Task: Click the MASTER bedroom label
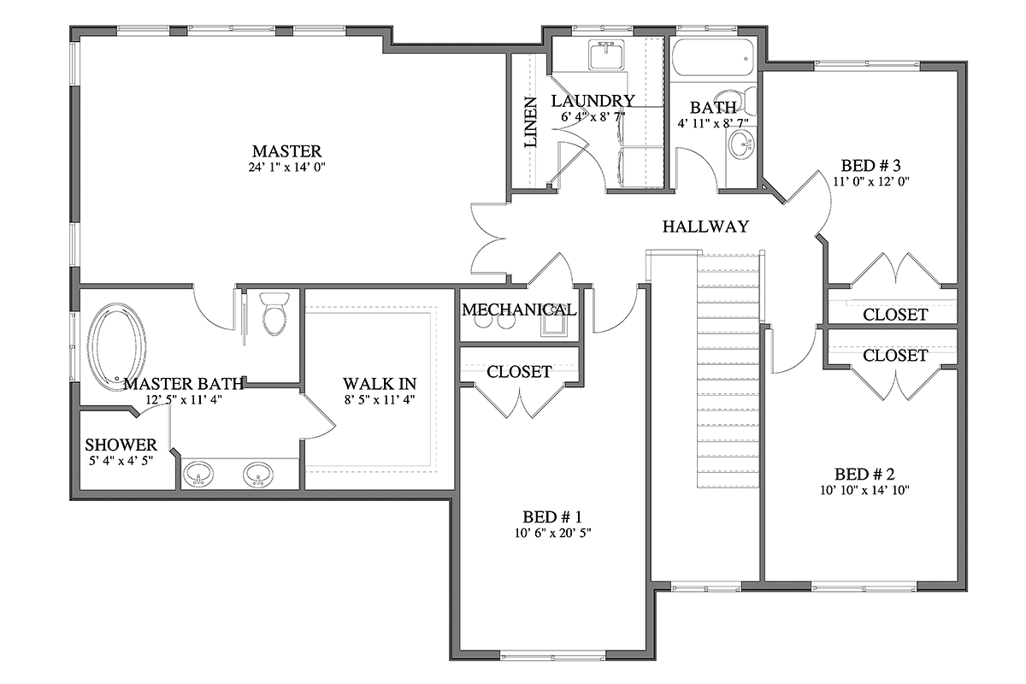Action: pyautogui.click(x=286, y=151)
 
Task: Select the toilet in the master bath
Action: pyautogui.click(x=274, y=314)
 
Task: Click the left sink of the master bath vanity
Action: pyautogui.click(x=198, y=475)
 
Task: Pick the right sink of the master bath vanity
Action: pyautogui.click(x=258, y=475)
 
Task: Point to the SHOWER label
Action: pyautogui.click(x=121, y=445)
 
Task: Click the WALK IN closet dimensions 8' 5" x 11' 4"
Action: pyautogui.click(x=380, y=399)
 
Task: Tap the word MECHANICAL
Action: pyautogui.click(x=519, y=310)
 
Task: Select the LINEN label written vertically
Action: pyautogui.click(x=530, y=122)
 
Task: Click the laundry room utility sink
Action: pyautogui.click(x=607, y=55)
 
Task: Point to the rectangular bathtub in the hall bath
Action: pyautogui.click(x=712, y=59)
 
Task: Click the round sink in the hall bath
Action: pyautogui.click(x=741, y=144)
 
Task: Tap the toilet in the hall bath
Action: pyautogui.click(x=741, y=102)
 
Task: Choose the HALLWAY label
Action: pyautogui.click(x=705, y=227)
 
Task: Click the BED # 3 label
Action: pyautogui.click(x=870, y=165)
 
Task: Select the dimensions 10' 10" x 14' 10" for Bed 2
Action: pyautogui.click(x=864, y=490)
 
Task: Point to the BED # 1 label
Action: pyautogui.click(x=552, y=517)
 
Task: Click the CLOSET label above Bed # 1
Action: pyautogui.click(x=519, y=372)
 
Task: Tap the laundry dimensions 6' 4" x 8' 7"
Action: pyautogui.click(x=593, y=117)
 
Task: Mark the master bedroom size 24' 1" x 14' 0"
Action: pyautogui.click(x=286, y=168)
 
